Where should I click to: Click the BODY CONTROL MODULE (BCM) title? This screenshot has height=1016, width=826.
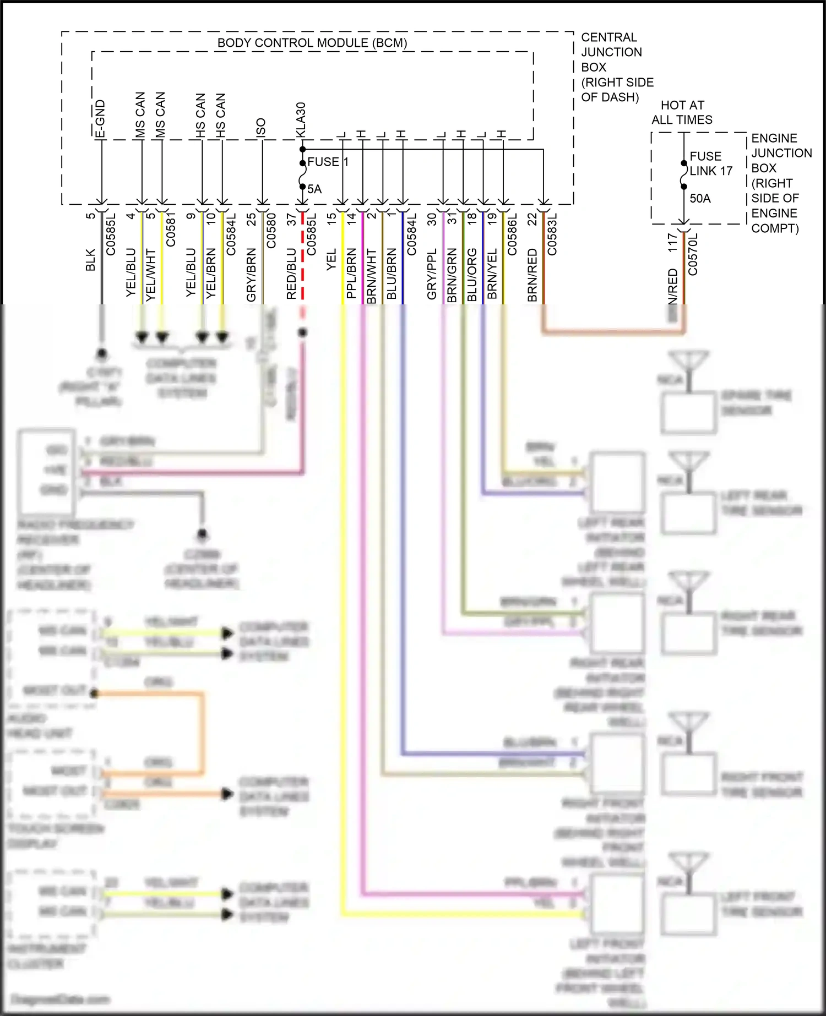(x=312, y=43)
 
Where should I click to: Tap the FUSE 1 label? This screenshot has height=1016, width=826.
(x=328, y=162)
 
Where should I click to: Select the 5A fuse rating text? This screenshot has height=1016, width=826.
(x=314, y=189)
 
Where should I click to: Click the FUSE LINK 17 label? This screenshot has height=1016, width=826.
(x=710, y=163)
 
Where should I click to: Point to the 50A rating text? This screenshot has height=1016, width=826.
(x=700, y=198)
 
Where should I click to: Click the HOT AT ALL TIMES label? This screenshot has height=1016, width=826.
(x=682, y=112)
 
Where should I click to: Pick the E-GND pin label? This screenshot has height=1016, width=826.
(x=100, y=118)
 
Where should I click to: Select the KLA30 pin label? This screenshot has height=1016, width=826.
(x=301, y=119)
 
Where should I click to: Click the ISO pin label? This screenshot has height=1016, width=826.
(x=261, y=127)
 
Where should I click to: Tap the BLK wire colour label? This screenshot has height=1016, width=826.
(x=91, y=260)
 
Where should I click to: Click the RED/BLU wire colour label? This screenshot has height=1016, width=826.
(x=291, y=274)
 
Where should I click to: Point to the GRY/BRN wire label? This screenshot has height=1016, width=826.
(x=251, y=275)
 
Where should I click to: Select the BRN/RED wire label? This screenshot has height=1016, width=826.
(x=532, y=275)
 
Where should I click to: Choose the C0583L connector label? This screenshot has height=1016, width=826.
(x=552, y=234)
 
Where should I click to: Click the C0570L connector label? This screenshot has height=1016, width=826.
(x=693, y=254)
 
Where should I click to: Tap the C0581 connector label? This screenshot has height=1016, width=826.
(x=171, y=229)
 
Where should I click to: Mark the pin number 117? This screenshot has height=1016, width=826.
(x=672, y=243)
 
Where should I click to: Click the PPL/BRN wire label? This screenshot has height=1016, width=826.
(x=351, y=274)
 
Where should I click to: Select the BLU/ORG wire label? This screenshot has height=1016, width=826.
(x=472, y=275)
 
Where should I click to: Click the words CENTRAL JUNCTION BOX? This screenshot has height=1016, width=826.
(x=611, y=52)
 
